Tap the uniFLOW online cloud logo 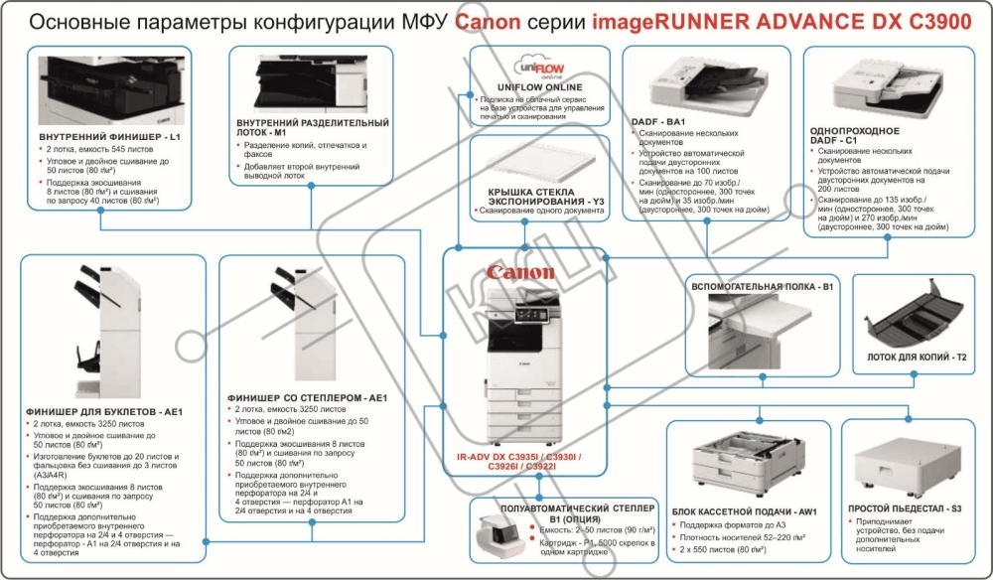(x=536, y=68)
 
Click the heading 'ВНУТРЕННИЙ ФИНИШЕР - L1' (x=110, y=135)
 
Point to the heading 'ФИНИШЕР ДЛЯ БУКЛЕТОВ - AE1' (x=105, y=411)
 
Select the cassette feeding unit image (x=741, y=468)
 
